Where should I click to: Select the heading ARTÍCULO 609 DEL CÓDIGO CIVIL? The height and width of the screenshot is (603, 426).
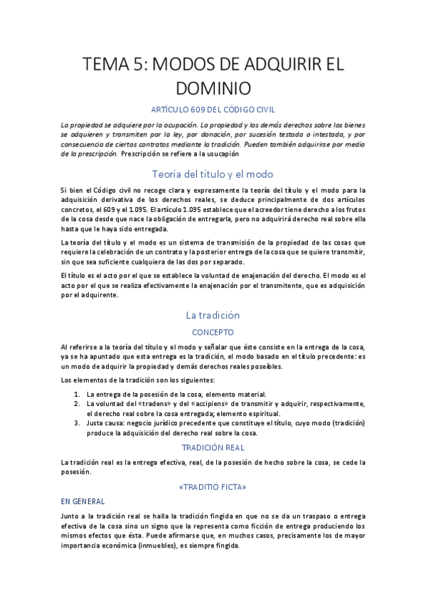click(213, 109)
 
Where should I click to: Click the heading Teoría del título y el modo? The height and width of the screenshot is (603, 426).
click(213, 174)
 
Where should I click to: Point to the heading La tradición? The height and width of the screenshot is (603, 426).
click(213, 315)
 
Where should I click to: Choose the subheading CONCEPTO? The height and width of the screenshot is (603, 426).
click(213, 331)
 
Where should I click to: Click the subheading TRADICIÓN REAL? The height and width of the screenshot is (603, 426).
click(213, 448)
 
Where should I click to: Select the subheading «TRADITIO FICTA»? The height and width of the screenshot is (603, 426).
click(213, 487)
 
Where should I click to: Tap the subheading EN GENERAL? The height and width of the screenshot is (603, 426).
click(82, 501)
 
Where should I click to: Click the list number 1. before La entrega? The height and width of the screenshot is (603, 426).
click(77, 395)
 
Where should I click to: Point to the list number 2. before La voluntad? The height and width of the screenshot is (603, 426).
click(77, 404)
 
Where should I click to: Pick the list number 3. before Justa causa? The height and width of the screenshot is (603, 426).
click(77, 423)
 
